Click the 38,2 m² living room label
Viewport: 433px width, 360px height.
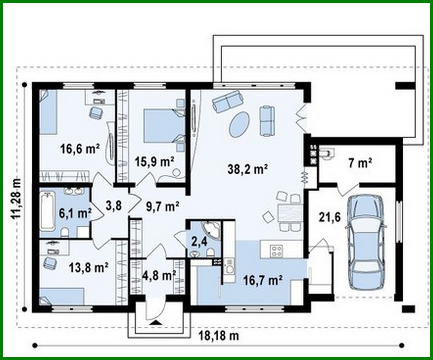coord(248,169)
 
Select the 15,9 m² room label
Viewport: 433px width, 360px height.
coord(155,162)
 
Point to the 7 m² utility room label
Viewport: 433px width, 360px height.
coord(360,163)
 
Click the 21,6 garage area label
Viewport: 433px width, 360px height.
coord(329,217)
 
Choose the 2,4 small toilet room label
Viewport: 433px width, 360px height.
coord(199,242)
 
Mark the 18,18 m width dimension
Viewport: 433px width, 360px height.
coord(219,336)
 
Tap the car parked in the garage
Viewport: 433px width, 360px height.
coord(366,242)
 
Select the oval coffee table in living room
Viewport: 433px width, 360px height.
coord(239,124)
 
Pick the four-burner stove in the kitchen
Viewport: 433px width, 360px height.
coord(276,251)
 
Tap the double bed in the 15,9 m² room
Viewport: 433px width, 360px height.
coord(164,126)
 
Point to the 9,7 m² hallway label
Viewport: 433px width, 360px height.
coord(162,207)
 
